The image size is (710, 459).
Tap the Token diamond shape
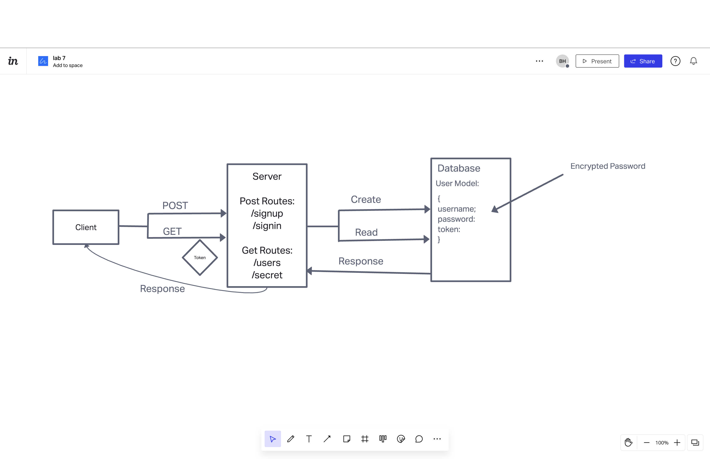pos(200,257)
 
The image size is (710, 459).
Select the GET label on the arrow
pos(172,231)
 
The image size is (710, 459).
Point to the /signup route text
pos(267,213)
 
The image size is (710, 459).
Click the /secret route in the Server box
pos(267,275)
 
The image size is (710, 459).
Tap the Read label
pos(366,232)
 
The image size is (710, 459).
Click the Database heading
pos(459,168)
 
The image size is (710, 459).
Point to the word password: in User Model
pos(456,219)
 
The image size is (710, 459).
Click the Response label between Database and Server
pos(361,261)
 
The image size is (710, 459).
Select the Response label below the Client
pos(162,288)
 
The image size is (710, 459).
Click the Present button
pos(597,61)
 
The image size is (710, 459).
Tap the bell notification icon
pos(693,61)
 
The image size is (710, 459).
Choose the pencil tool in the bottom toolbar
pos(291,439)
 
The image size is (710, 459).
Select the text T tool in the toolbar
pos(309,439)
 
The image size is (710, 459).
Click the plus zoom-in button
pos(677,443)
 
